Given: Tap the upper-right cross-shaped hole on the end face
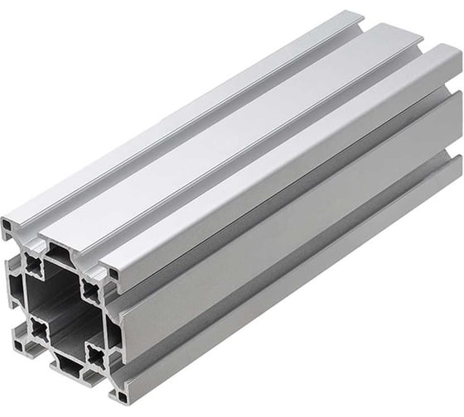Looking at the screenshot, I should pos(90,289).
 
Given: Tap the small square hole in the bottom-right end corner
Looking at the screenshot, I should pos(117,399).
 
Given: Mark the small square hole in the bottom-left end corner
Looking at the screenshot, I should pos(18,339).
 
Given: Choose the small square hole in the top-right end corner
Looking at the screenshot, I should pos(110,272).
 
